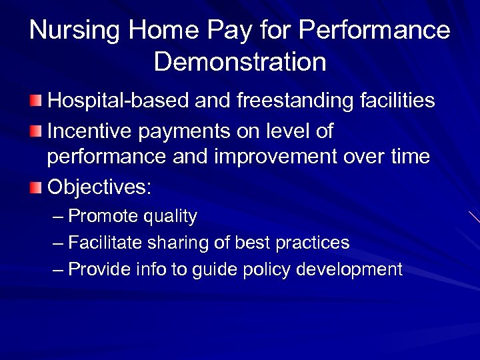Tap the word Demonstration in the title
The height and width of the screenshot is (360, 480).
tap(240, 62)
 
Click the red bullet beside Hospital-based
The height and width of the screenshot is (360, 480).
tap(36, 101)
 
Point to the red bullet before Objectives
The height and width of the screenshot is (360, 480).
tap(36, 187)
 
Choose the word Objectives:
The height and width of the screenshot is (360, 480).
tap(99, 187)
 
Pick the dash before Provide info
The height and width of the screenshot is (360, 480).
tap(58, 270)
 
